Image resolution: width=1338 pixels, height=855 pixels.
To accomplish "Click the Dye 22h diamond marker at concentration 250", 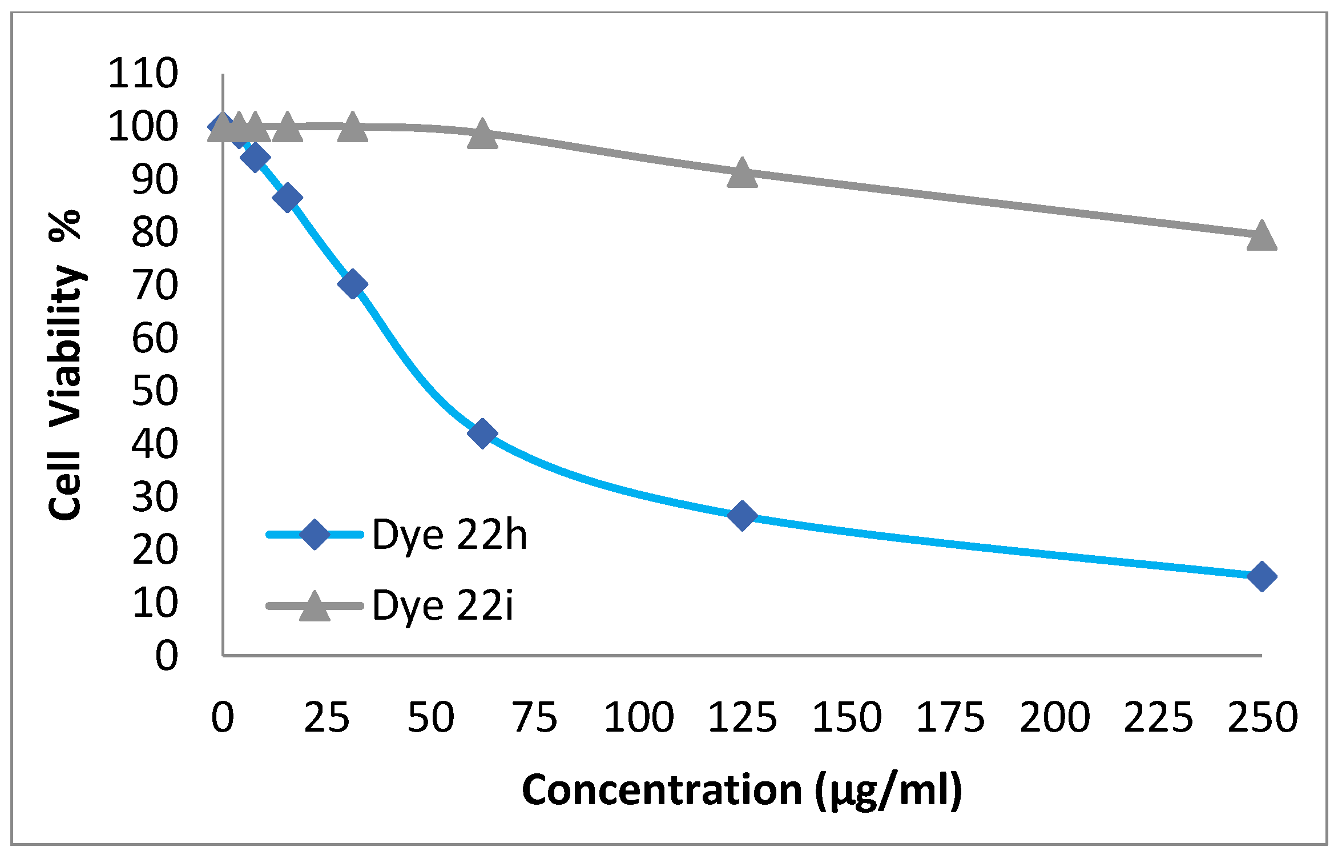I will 1262,576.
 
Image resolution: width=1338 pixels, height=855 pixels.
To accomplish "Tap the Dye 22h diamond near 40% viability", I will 482,433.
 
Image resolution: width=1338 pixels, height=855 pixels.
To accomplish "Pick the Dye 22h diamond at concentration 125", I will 742,516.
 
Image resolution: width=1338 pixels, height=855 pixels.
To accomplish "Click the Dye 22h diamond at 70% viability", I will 352,284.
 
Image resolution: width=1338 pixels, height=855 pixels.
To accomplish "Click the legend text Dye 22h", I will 449,535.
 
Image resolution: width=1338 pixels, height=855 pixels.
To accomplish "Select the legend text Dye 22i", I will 442,605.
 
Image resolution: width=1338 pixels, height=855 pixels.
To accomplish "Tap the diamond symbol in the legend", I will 315,535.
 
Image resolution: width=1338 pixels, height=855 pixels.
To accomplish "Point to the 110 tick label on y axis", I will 143,73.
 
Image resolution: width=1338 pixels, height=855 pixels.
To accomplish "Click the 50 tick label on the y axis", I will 154,391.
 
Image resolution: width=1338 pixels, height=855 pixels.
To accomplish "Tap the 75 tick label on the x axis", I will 534,717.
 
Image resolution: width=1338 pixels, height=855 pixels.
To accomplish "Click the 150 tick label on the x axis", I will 847,717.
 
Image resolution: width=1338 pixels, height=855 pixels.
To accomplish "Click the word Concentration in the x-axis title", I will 662,790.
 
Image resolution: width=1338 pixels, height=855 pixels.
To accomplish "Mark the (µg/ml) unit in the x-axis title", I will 888,791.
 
